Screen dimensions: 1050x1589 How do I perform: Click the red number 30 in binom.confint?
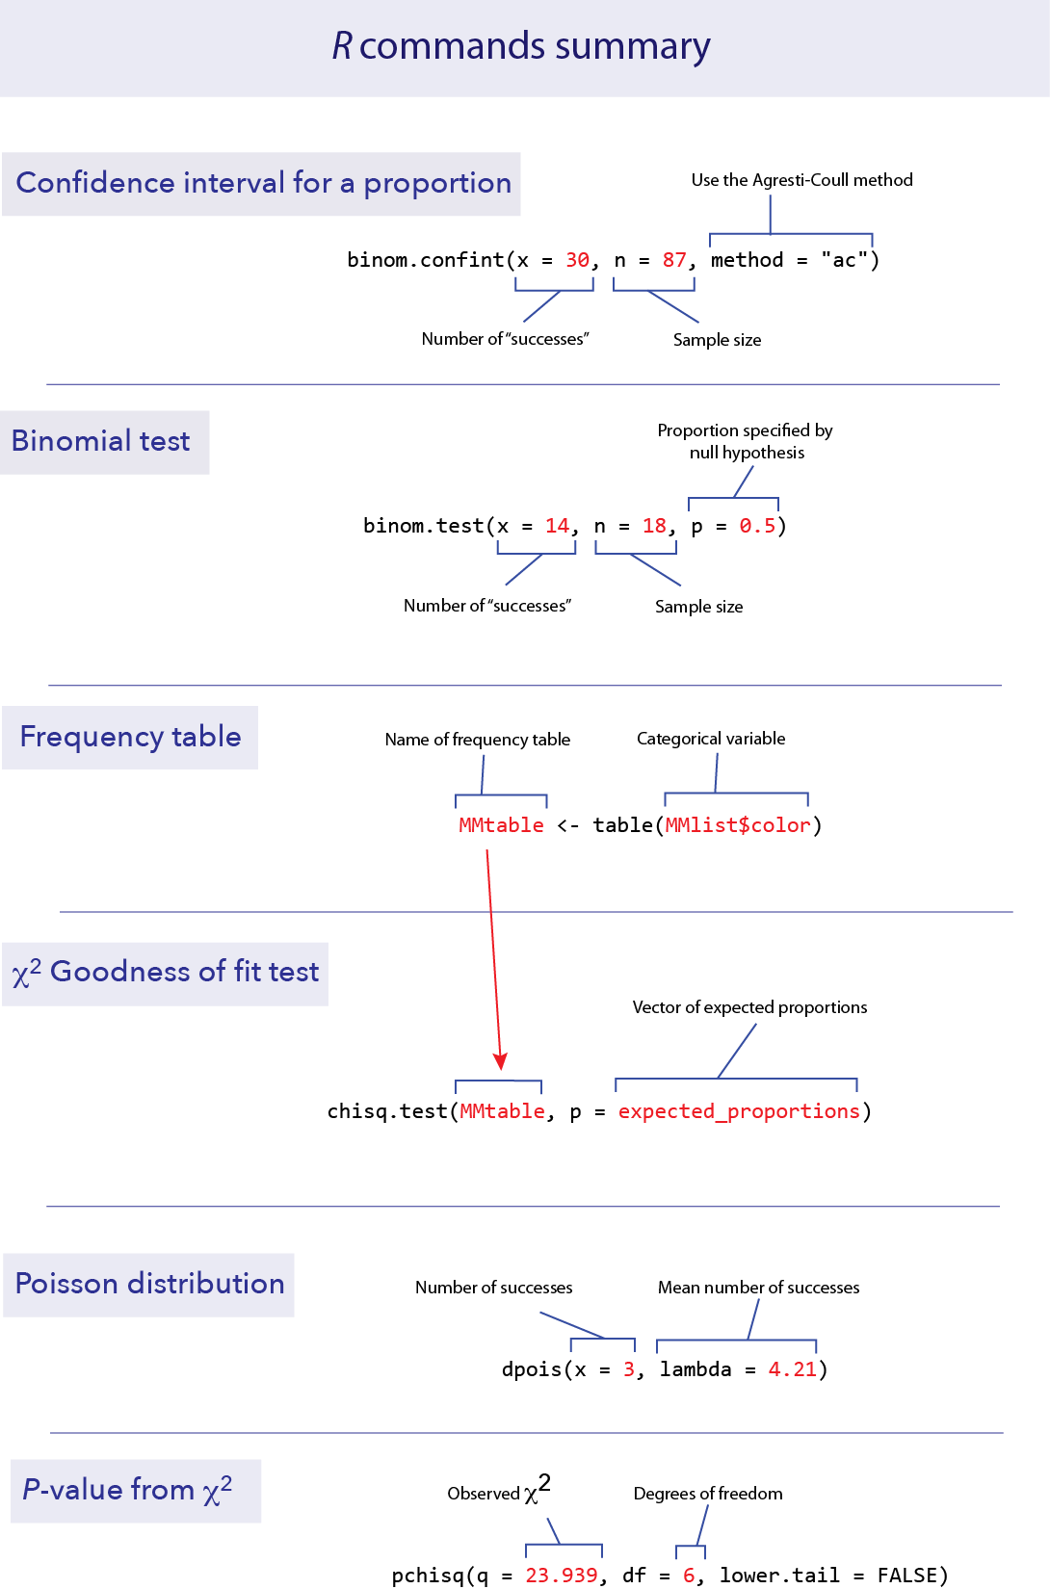[x=577, y=260]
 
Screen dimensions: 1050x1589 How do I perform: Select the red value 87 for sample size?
[x=674, y=260]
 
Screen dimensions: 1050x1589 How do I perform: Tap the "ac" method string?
[x=844, y=260]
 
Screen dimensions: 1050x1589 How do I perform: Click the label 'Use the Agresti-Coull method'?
[x=801, y=180]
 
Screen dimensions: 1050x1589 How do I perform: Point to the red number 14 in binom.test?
[x=557, y=526]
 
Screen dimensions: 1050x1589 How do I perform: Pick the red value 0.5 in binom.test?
[x=757, y=526]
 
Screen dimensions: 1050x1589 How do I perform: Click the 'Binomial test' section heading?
[x=101, y=441]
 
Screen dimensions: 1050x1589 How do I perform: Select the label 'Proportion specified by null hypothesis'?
[x=745, y=441]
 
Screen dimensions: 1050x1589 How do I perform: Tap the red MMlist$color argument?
[x=738, y=825]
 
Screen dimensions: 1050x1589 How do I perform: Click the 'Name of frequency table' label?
[x=478, y=740]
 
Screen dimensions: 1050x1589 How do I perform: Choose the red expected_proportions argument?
[x=739, y=1111]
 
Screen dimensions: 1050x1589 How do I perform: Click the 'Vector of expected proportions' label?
[x=749, y=1007]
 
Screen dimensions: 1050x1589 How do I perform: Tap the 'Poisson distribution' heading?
[x=149, y=1284]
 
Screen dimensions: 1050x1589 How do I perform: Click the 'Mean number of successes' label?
[x=758, y=1288]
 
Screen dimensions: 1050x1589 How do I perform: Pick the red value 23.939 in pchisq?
[x=562, y=1576]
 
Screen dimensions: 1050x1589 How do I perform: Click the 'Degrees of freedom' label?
[x=708, y=1494]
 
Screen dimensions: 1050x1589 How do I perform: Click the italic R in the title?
[x=342, y=46]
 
